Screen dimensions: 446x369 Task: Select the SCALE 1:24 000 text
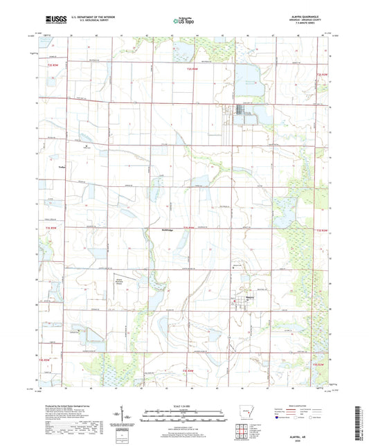(184, 405)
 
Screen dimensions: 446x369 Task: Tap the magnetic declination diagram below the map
(129, 417)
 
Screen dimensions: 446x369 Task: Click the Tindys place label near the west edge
(61, 167)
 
